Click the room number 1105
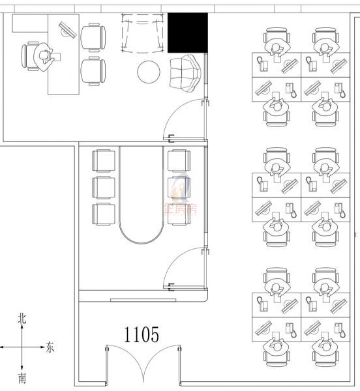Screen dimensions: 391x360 (x=142, y=335)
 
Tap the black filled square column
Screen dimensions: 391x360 (x=188, y=33)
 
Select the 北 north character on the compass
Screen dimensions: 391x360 (x=22, y=319)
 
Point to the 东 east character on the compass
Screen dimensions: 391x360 (x=50, y=347)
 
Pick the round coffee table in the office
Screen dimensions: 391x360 (x=149, y=70)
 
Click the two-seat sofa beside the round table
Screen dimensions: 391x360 (x=185, y=72)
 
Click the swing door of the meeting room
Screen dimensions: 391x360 (x=185, y=267)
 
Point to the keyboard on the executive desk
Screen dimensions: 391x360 (x=67, y=29)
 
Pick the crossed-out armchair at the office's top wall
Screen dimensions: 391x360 (x=143, y=34)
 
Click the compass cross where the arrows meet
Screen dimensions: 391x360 (x=22, y=347)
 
